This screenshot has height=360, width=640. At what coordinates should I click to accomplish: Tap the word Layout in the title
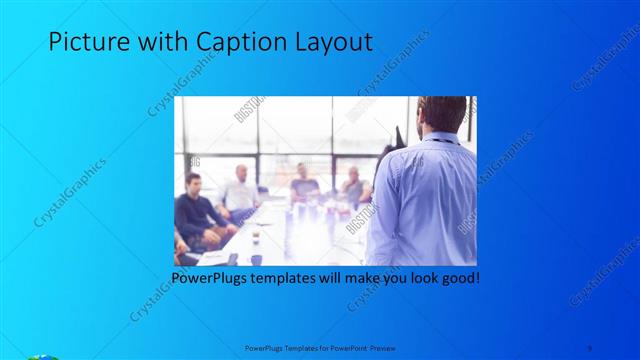click(x=331, y=42)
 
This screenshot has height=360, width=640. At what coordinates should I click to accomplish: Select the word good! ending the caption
click(x=458, y=277)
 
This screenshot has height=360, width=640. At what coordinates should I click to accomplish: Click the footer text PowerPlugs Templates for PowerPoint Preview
click(x=320, y=347)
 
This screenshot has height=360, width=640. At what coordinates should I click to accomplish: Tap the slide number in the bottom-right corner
click(x=590, y=347)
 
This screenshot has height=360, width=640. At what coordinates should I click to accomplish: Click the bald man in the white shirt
click(x=240, y=190)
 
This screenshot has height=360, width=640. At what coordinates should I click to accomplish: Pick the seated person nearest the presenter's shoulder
click(x=354, y=187)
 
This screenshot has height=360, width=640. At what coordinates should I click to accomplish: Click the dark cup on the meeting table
click(x=256, y=238)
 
